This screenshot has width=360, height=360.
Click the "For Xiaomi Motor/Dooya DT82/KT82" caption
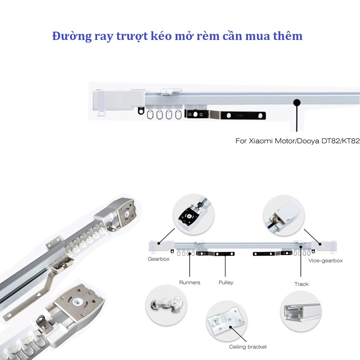pyautogui.click(x=297, y=141)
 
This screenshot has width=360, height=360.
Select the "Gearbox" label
pyautogui.click(x=158, y=259)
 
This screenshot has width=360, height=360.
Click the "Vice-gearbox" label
pyautogui.click(x=325, y=260)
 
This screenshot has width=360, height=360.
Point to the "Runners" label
pyautogui.click(x=190, y=282)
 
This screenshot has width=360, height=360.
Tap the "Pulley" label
pyautogui.click(x=226, y=283)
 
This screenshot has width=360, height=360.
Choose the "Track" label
pyautogui.click(x=302, y=284)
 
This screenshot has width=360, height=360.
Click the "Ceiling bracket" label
pyautogui.click(x=248, y=347)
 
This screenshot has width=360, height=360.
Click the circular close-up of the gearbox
pyautogui.click(x=193, y=214)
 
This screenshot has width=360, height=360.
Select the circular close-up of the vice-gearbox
pyautogui.click(x=284, y=215)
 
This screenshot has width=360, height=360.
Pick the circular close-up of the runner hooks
pyautogui.click(x=166, y=305)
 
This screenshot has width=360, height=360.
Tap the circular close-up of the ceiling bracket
pyautogui.click(x=227, y=322)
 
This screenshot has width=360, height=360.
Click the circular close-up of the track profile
pyautogui.click(x=301, y=311)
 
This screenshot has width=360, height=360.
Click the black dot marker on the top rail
pyautogui.click(x=297, y=103)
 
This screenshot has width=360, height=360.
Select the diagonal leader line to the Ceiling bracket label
pyautogui.click(x=239, y=334)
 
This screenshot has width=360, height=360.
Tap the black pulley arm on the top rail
pyautogui.click(x=225, y=115)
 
